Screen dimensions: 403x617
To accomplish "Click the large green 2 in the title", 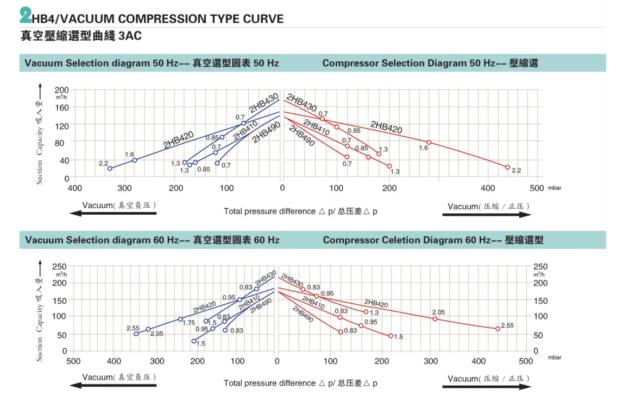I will pos(25,16).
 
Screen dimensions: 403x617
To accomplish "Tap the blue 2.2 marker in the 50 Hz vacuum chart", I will pos(110,168).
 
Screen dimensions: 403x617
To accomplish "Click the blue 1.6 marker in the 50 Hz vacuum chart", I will pos(135,160).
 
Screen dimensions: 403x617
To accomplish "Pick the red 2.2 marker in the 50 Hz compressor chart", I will pos(508,167).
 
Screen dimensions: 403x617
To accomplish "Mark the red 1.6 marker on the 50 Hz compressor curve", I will pos(429,143).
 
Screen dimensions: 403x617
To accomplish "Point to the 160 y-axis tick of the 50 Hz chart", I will pos(62,107).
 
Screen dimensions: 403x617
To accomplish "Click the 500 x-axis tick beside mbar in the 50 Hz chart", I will pos(536,188).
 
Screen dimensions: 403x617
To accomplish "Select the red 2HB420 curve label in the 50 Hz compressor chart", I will pos(386,128).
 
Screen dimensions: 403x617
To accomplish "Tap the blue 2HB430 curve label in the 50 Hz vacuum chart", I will pos(265,101).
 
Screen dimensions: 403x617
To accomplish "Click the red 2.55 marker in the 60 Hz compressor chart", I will pos(498,329).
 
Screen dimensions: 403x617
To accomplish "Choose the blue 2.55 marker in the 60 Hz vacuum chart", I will pos(136,334).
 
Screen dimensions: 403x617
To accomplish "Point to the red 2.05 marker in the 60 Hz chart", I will pos(435,318).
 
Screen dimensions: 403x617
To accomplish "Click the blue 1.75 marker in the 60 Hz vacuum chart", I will pos(180,319).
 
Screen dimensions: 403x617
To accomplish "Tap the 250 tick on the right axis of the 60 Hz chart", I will pos(541,266).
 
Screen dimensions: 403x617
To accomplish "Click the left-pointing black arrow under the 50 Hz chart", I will pos(113,214).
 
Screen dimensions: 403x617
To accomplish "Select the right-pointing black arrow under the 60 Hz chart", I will pos(487,387).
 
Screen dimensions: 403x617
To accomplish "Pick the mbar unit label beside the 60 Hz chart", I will pos(554,358).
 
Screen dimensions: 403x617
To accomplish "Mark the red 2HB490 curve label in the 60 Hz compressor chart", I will pos(303,314).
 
